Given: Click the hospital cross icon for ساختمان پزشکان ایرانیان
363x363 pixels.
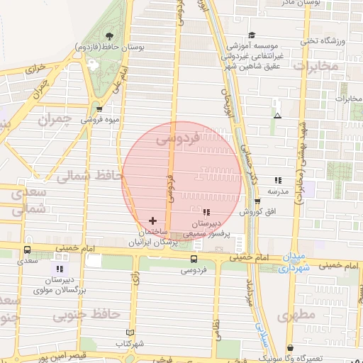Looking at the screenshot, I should point(153,221).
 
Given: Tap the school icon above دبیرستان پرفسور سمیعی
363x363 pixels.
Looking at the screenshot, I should point(206,212).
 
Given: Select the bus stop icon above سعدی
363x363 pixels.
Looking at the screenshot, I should point(28,250).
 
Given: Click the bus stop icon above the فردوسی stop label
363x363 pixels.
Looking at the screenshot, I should point(194,259).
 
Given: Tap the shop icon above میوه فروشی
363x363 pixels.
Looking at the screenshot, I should point(99,109).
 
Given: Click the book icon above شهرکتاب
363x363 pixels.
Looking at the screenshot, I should point(129,332).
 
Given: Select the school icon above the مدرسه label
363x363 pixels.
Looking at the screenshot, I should point(277,181).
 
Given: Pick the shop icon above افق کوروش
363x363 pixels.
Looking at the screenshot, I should point(257,201).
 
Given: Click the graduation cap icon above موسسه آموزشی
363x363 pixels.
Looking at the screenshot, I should point(251,35).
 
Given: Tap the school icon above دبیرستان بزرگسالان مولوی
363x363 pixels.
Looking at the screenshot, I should point(59,269).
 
